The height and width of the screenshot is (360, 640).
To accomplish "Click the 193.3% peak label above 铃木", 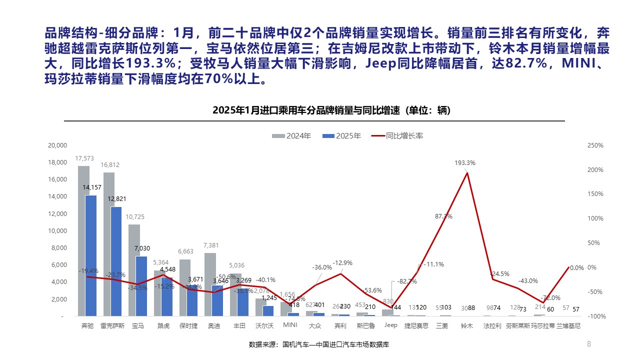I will [x=465, y=163].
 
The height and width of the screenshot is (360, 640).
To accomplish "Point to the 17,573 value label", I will [x=84, y=158].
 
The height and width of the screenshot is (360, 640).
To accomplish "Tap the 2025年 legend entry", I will [x=342, y=135].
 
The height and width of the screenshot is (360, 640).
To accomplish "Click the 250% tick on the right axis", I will [x=596, y=145].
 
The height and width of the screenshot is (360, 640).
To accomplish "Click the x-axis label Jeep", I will [x=390, y=325].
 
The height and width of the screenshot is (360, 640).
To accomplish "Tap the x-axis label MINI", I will [x=290, y=325].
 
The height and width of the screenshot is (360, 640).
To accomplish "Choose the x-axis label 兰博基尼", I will [x=569, y=325].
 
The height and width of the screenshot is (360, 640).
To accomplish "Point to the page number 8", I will [x=588, y=343].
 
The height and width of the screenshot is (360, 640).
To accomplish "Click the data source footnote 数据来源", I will [x=319, y=344].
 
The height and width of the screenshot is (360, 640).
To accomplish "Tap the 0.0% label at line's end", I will [x=576, y=267].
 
